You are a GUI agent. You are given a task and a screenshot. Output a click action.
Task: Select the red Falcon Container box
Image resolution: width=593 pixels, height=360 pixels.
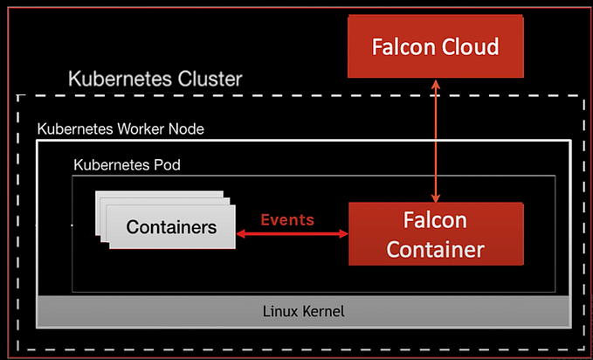[436, 233]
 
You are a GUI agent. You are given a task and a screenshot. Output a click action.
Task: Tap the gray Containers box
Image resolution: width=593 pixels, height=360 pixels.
[171, 228]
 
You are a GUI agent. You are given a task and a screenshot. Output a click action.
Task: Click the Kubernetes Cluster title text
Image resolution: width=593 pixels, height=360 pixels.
[155, 80]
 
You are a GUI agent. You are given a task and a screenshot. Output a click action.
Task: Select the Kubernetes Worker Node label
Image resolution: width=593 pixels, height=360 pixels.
[120, 128]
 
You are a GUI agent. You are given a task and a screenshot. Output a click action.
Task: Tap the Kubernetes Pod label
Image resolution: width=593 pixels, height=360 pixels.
[127, 164]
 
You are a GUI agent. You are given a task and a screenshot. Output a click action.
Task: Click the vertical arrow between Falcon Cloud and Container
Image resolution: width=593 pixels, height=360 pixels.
[436, 140]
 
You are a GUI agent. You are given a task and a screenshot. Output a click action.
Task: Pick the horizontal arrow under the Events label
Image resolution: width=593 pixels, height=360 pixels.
[293, 234]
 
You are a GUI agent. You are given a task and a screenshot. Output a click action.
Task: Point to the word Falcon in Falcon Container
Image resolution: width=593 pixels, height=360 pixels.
[436, 219]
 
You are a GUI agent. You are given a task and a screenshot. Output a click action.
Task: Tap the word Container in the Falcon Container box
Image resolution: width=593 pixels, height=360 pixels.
[436, 249]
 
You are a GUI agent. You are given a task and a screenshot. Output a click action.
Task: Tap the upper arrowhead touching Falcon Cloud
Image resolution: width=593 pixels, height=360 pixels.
[436, 82]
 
